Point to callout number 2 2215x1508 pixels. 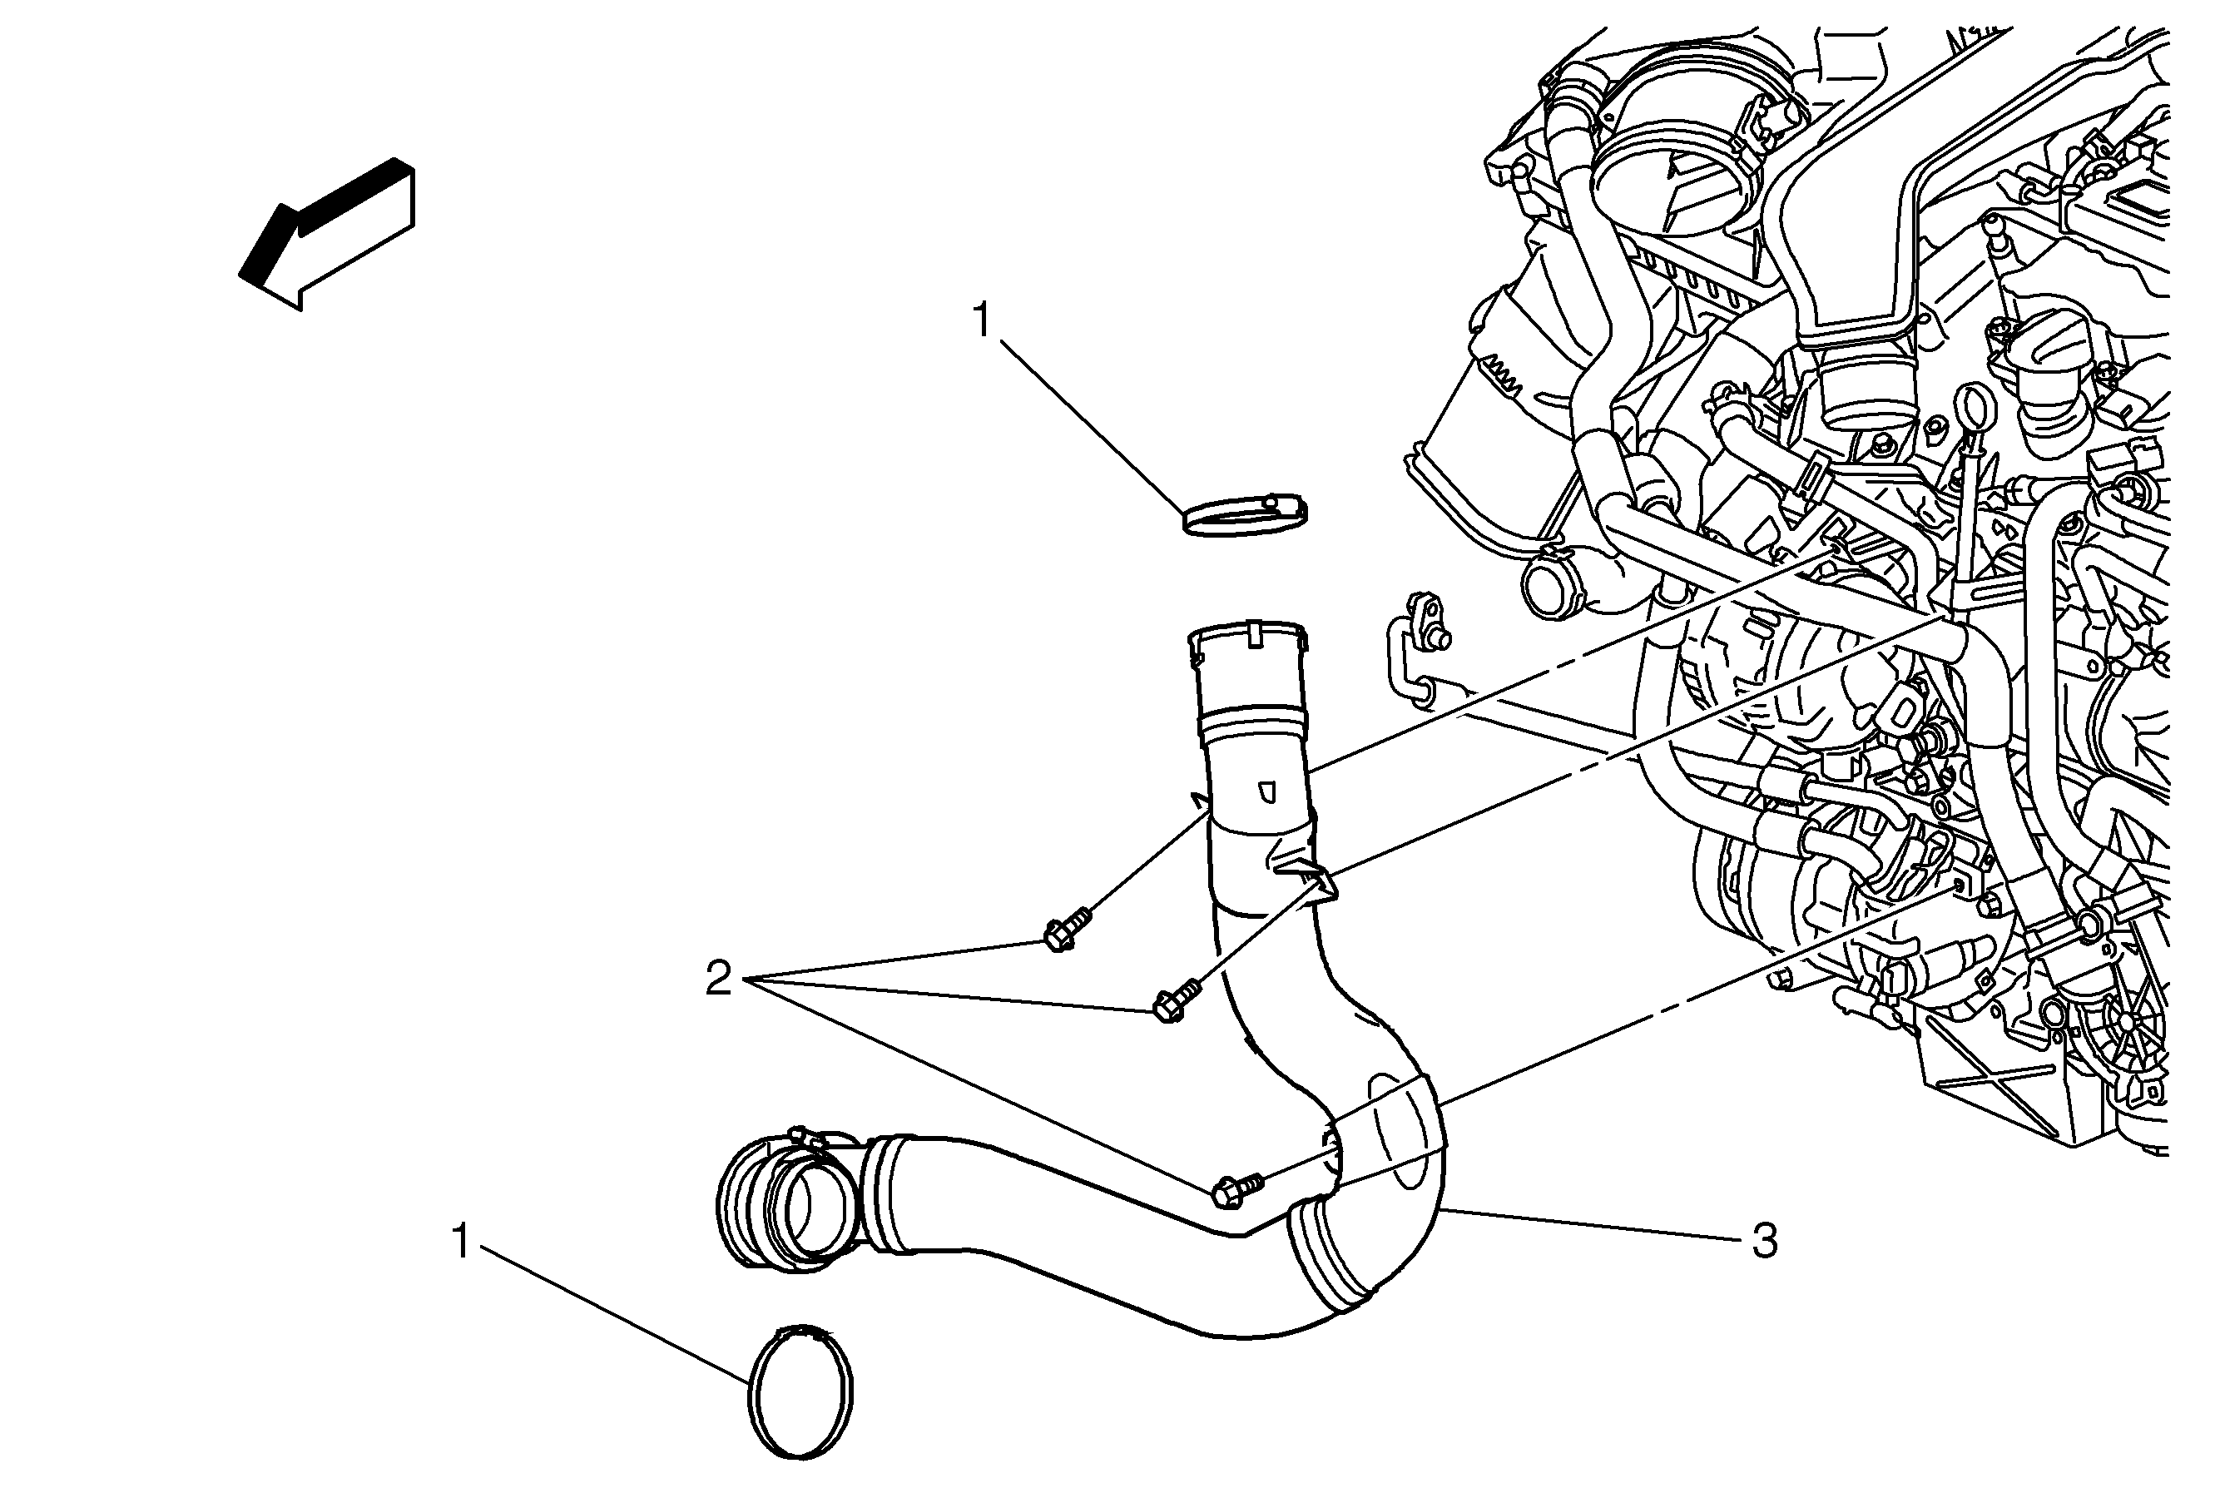tap(719, 978)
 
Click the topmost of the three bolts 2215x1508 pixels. tap(1063, 930)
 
